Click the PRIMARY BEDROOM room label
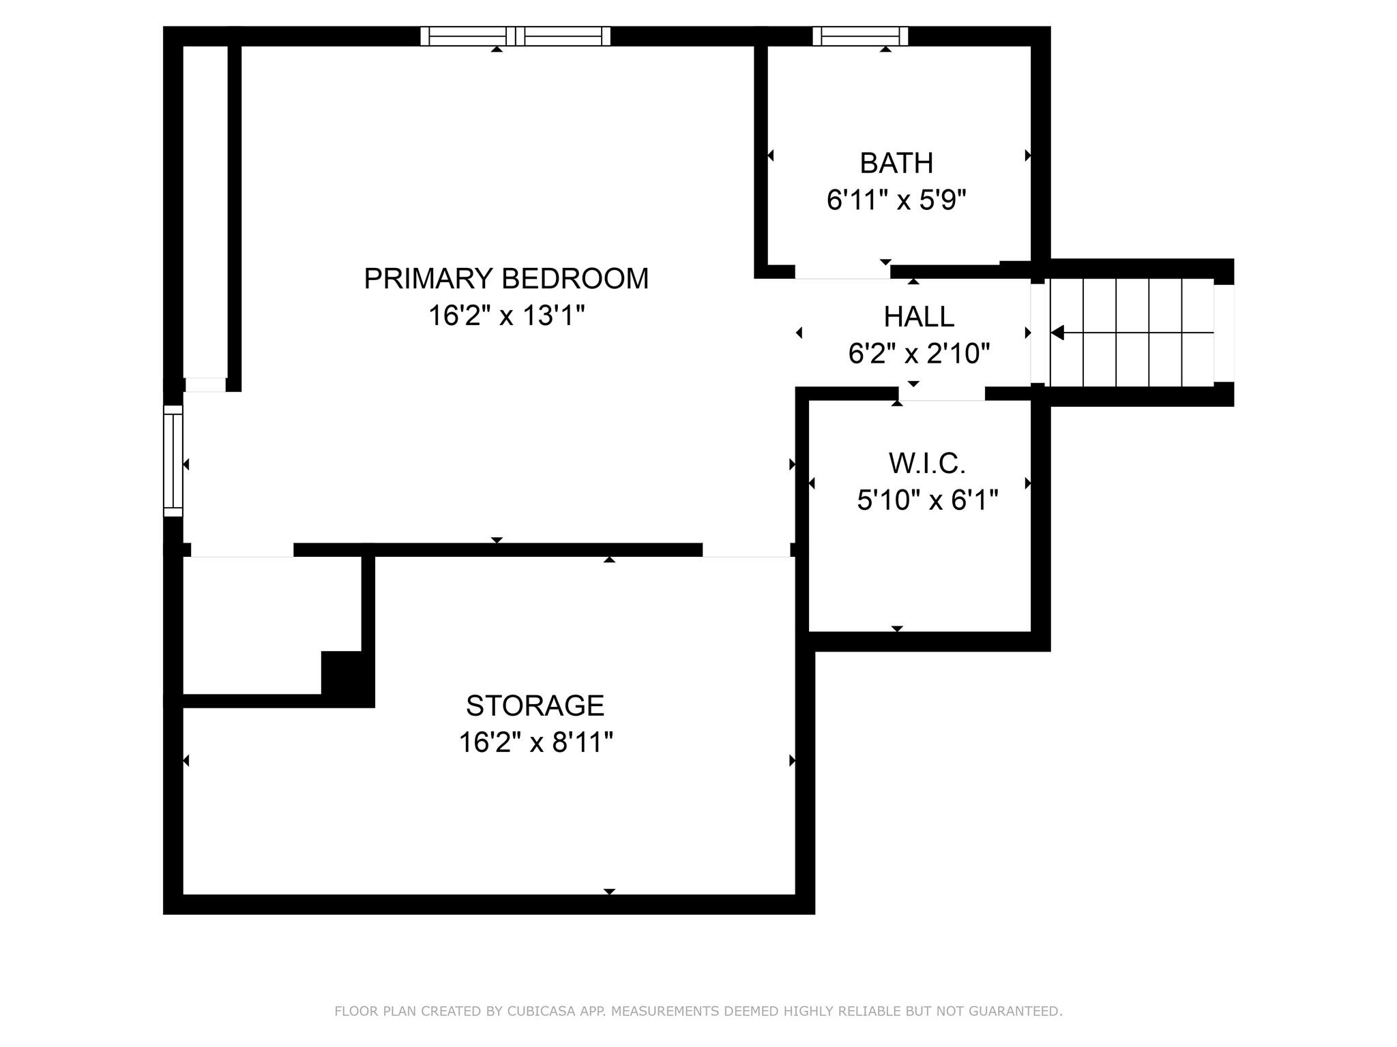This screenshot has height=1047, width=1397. coord(506,279)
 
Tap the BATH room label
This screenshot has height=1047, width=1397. coord(896,163)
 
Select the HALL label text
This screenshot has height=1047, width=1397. coord(919,316)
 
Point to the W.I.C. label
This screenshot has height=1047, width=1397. coord(927,464)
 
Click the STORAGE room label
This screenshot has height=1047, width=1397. coord(535,705)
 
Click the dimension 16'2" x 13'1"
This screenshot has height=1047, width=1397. coord(506,316)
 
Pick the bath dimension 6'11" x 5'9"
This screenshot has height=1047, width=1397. coord(896,200)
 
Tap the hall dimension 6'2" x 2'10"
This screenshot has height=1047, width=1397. coord(919,354)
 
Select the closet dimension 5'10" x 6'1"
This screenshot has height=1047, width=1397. coord(927,501)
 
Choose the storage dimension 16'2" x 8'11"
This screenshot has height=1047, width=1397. coord(535,742)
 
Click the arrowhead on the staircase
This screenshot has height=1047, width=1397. coord(1057,333)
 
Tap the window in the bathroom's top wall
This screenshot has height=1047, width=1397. coord(860,36)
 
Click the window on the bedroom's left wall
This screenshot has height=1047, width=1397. coord(173,461)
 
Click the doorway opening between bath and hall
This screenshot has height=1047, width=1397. coord(842,272)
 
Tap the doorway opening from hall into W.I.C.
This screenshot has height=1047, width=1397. coord(941,393)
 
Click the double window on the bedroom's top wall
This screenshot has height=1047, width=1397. coord(515,36)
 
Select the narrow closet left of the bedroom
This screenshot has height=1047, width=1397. coord(205,211)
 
